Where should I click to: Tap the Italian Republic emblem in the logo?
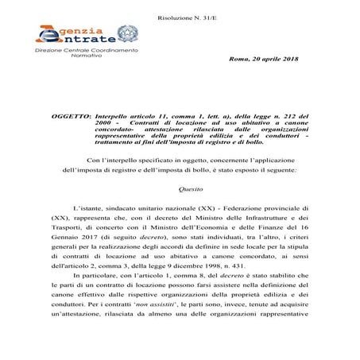coord(126,36)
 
